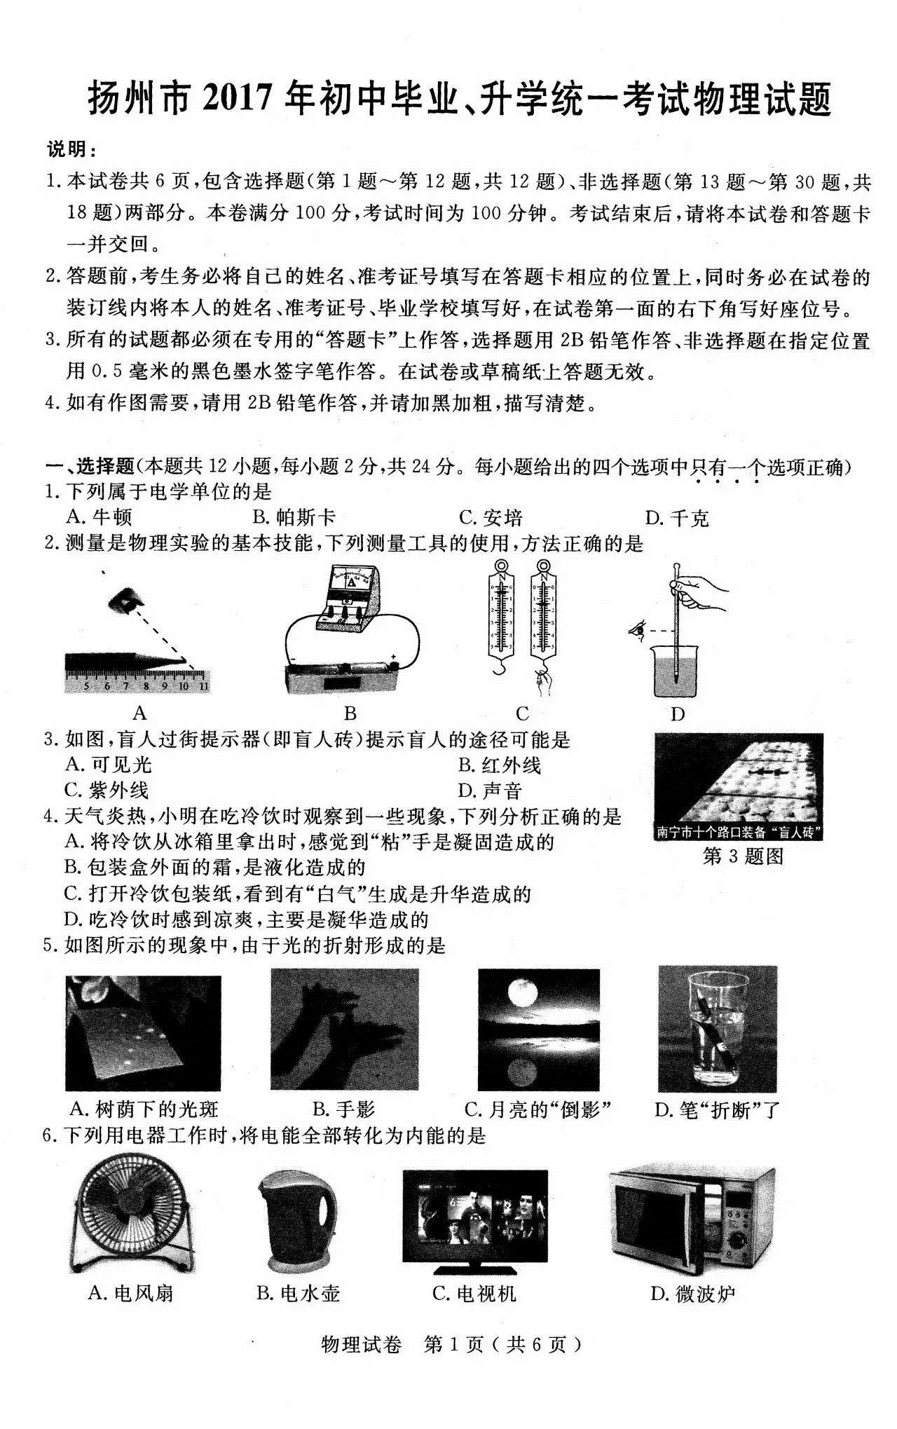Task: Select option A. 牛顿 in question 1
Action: coord(98,518)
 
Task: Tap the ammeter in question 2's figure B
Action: coord(351,590)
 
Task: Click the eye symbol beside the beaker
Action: coord(637,630)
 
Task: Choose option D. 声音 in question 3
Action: coord(491,791)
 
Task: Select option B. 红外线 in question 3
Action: coord(500,765)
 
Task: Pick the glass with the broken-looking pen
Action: coord(717,1029)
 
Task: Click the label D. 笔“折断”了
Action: coord(717,1109)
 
